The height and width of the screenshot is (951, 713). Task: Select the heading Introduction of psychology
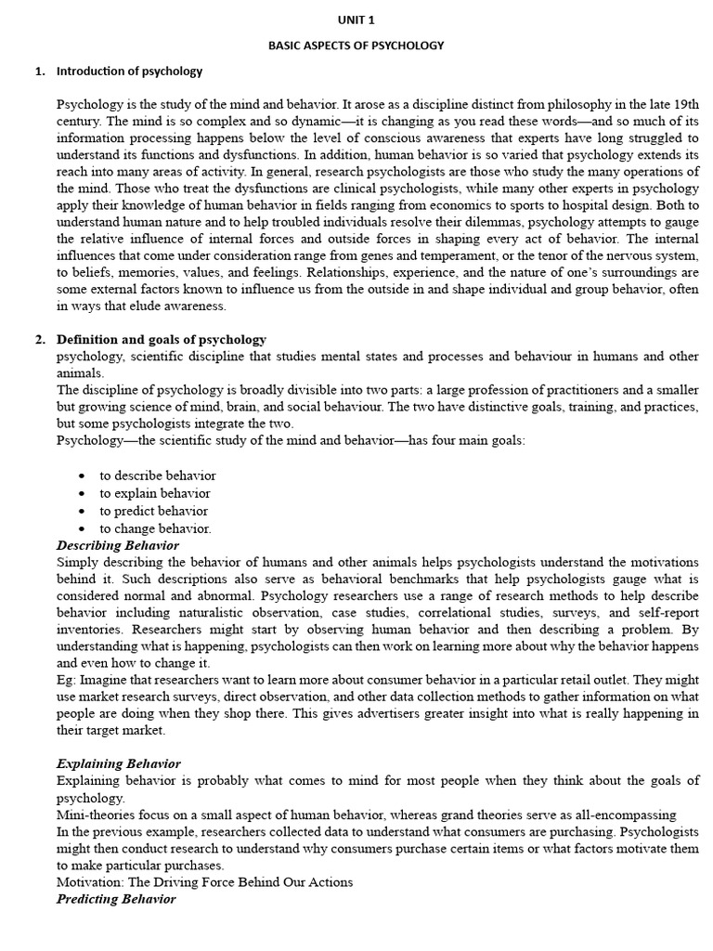tap(129, 71)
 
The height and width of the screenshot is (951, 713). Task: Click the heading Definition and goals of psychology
tap(162, 339)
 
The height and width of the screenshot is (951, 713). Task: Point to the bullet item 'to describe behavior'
tap(158, 475)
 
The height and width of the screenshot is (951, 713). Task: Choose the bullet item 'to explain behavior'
tap(155, 493)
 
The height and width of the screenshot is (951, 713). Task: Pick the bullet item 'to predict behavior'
tap(154, 511)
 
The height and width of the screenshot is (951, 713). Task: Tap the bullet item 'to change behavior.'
tap(156, 528)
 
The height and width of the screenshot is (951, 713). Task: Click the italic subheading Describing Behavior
tap(118, 545)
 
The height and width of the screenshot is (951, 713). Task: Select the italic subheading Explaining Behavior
tap(119, 763)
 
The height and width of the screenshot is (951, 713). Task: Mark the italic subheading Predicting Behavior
tap(116, 899)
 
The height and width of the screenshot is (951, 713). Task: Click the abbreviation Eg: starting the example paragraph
tap(68, 681)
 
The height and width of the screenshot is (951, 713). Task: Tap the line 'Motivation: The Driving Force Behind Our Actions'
tap(205, 882)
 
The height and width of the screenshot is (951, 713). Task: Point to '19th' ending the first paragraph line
tap(682, 104)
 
